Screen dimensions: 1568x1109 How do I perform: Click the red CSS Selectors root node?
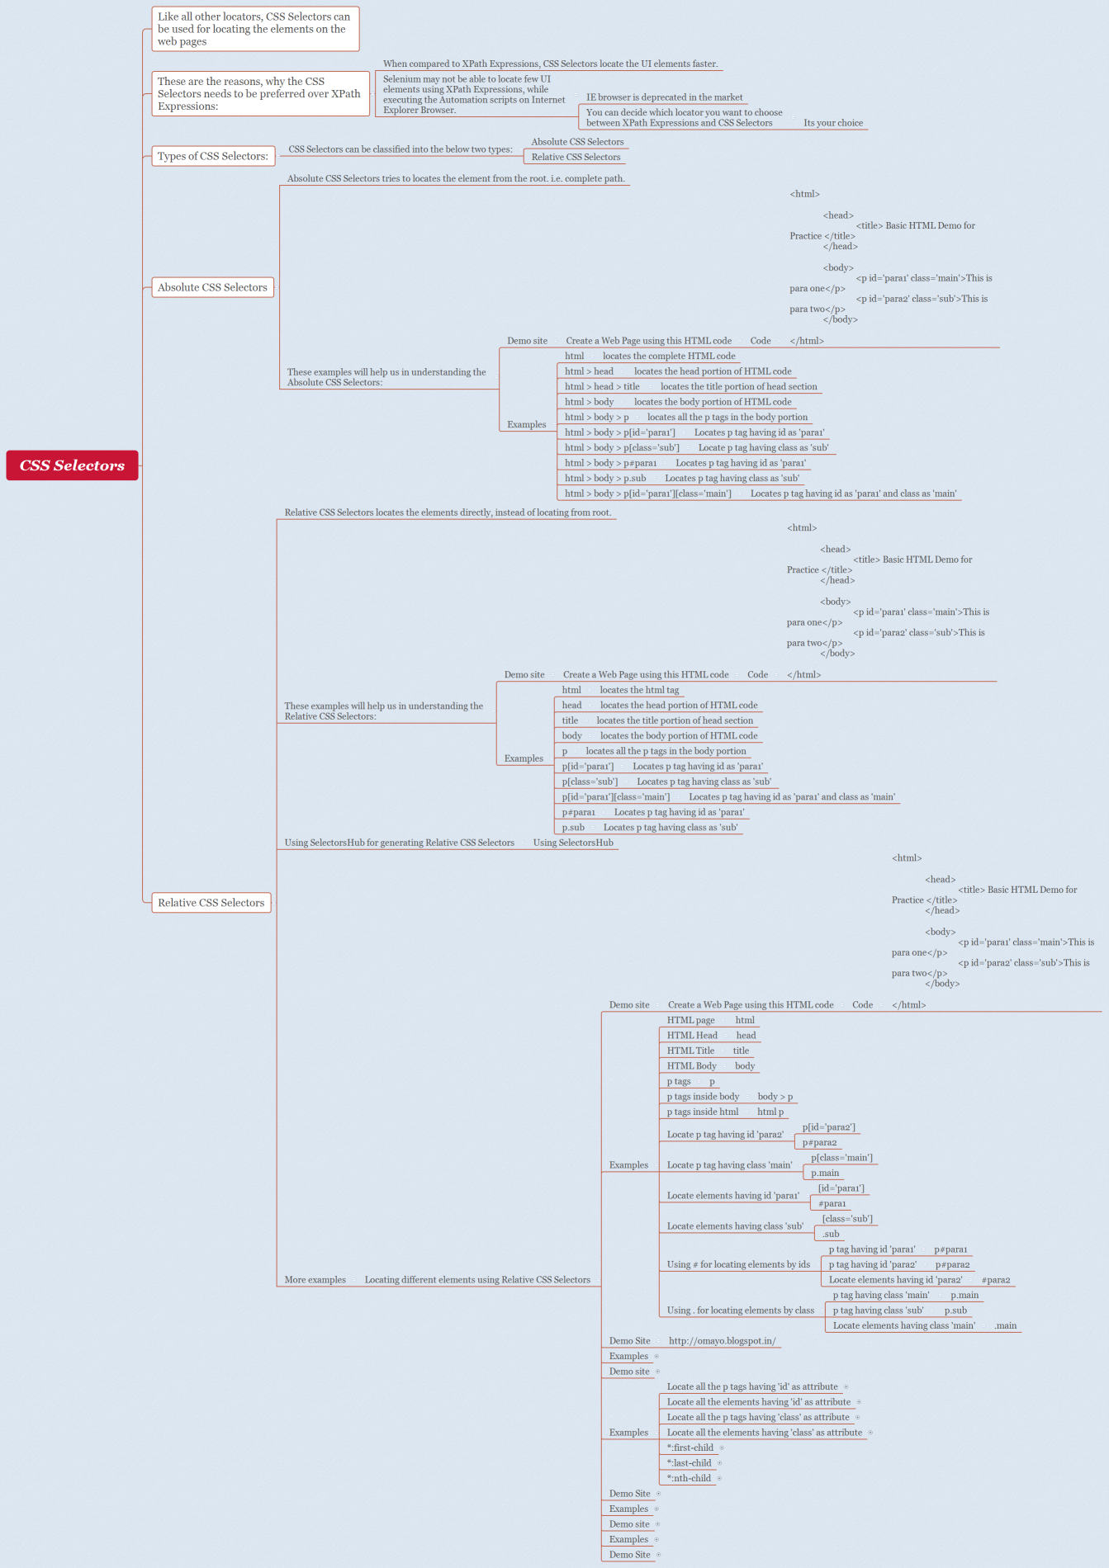[x=72, y=465]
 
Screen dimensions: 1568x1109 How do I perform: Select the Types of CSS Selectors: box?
[x=212, y=156]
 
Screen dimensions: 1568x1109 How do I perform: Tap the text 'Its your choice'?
[x=833, y=123]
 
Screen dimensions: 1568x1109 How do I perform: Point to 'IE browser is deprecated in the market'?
[x=664, y=97]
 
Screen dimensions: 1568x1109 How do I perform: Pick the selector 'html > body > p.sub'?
[x=605, y=478]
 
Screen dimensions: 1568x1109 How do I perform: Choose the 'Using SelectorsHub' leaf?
[x=573, y=843]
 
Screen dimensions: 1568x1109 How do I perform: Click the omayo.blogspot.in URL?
[x=722, y=1341]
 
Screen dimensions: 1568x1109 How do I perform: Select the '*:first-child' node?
[x=690, y=1448]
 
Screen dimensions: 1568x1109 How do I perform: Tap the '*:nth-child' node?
[x=689, y=1478]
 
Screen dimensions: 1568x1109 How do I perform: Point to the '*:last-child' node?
[x=689, y=1463]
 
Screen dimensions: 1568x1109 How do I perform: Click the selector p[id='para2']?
[x=828, y=1127]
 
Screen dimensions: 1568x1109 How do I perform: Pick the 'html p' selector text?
[x=770, y=1112]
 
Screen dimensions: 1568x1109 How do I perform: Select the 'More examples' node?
[x=315, y=1280]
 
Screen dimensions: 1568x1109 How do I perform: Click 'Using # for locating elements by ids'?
[x=738, y=1264]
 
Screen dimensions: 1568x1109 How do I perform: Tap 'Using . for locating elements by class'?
[x=740, y=1311]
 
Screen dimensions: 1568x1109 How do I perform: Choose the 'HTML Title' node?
[x=690, y=1051]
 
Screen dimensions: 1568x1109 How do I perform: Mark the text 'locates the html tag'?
[x=639, y=690]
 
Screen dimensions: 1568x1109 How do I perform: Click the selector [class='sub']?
[x=847, y=1219]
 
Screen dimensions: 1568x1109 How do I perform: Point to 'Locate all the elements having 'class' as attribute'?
[x=764, y=1433]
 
